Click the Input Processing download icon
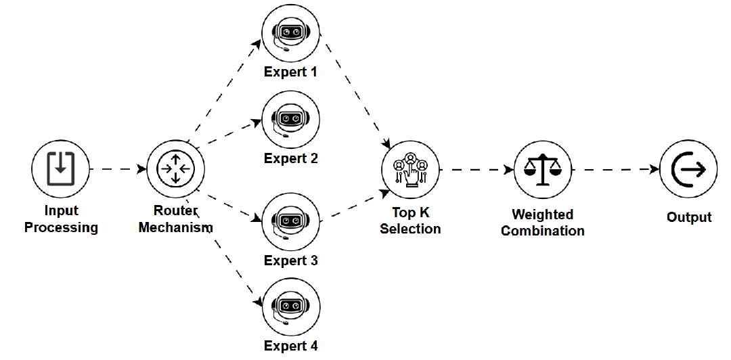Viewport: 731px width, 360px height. coord(60,168)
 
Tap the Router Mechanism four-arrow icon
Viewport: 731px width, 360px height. coord(175,168)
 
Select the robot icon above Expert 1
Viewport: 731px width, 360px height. coord(290,32)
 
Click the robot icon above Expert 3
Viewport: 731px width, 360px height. coord(290,221)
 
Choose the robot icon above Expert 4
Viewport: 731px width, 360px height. coord(290,307)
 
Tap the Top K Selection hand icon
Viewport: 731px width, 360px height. coord(410,168)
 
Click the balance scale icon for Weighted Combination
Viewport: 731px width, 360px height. coord(543,168)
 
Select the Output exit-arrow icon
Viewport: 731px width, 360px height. coord(688,168)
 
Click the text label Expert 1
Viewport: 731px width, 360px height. coord(290,72)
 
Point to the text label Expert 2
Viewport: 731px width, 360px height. coord(290,159)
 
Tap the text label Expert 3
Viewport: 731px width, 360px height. coord(290,261)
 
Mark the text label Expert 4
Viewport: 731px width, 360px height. coord(290,346)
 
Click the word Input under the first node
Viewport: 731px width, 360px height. coord(61,211)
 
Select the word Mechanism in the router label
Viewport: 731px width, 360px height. coord(175,228)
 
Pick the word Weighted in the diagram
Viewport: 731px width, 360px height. coord(542,215)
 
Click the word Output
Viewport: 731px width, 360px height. coord(689,217)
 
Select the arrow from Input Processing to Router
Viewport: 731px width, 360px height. coord(118,168)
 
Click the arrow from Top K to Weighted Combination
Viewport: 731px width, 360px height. coord(477,168)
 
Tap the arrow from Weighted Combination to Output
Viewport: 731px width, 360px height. coord(616,168)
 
